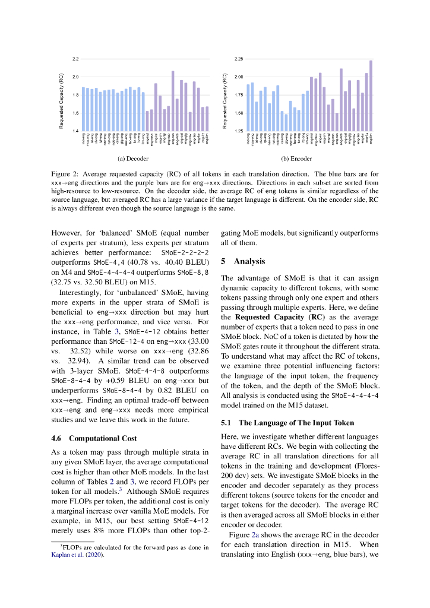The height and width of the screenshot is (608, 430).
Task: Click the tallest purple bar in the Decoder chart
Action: click(x=173, y=100)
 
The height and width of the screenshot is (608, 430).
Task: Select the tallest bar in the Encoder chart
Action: click(x=371, y=95)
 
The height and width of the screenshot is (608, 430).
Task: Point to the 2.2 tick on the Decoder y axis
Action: click(x=75, y=59)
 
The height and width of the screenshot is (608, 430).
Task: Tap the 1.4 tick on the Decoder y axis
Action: click(x=75, y=130)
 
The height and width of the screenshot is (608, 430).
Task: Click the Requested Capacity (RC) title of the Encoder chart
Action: click(x=225, y=100)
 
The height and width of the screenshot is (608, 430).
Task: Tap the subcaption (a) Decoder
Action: click(x=132, y=159)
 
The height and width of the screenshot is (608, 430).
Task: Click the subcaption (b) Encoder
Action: click(x=297, y=159)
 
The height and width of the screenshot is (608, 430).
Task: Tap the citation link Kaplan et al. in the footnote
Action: click(x=67, y=554)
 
